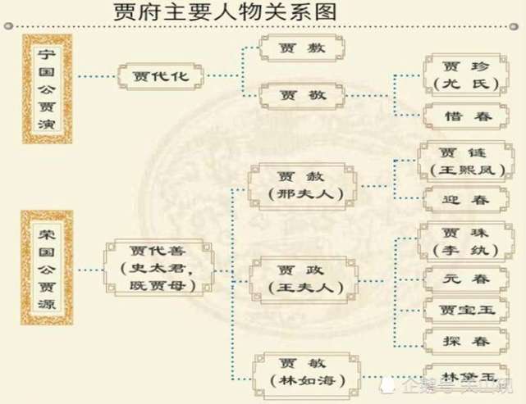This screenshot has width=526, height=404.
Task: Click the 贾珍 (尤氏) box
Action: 460,75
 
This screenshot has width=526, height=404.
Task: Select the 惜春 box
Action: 460,117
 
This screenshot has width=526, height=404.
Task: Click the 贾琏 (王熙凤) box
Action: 460,160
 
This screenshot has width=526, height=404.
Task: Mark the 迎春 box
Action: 460,199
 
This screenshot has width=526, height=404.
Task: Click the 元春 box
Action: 460,279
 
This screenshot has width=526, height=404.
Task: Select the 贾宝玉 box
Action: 460,309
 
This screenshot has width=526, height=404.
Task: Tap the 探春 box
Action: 460,340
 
